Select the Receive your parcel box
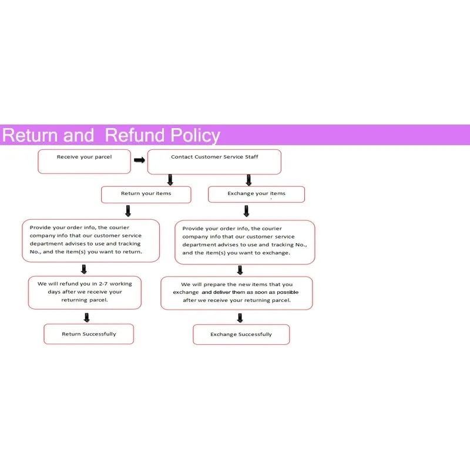tap(84, 162)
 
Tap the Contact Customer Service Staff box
tap(214, 162)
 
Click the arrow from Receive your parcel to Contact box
tap(139, 160)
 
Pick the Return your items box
tap(146, 194)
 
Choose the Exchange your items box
tap(256, 194)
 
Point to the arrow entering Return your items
tap(170, 180)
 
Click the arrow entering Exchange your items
tap(249, 180)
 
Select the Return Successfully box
tap(89, 334)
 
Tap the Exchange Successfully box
tap(241, 334)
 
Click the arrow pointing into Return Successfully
tap(86, 317)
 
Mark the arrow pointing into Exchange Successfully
tap(240, 318)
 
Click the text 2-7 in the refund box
tap(103, 284)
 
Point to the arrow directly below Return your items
tap(128, 211)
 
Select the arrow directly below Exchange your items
tap(246, 211)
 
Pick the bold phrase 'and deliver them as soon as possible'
tap(250, 292)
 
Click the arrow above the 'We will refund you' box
tap(84, 269)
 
